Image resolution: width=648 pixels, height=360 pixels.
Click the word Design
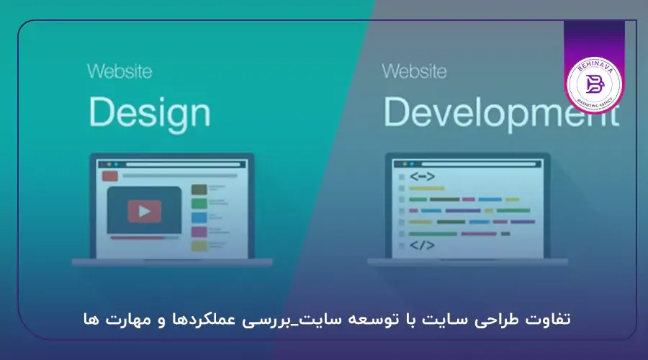(x=148, y=113)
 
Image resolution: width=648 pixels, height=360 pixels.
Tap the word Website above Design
(x=120, y=72)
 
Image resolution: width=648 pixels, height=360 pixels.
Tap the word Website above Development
(x=414, y=72)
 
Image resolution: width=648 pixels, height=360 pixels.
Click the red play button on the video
(x=144, y=211)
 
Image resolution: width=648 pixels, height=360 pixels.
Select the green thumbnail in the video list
(x=199, y=203)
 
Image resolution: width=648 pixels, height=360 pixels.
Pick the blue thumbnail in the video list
(x=199, y=217)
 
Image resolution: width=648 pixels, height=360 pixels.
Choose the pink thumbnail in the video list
(x=199, y=232)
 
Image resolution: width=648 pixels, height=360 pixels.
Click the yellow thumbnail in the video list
(x=199, y=246)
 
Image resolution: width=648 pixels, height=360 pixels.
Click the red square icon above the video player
(x=110, y=176)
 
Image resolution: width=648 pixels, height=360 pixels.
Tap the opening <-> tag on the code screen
(x=422, y=176)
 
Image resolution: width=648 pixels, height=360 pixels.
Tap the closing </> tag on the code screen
(x=422, y=246)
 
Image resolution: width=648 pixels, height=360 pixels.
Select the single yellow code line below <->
(x=427, y=188)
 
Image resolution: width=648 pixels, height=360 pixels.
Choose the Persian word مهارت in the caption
(x=125, y=319)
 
